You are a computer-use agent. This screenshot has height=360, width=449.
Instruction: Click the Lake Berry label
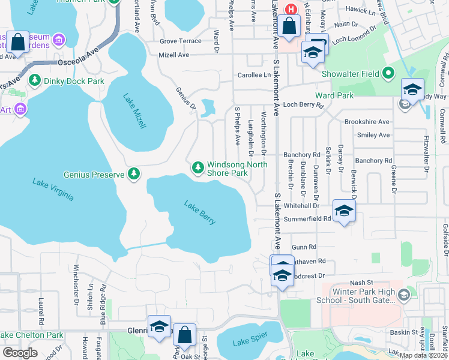point(199,212)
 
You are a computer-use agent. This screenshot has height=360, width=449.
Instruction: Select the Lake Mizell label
point(134,111)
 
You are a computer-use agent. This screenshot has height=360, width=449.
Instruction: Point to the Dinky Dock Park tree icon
point(35,81)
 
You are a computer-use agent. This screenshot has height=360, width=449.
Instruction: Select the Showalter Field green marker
point(388,74)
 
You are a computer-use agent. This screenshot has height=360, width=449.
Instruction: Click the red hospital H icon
point(291,9)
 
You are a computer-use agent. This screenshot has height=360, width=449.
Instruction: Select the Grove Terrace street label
point(181,41)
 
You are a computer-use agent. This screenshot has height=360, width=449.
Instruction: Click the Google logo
point(20,353)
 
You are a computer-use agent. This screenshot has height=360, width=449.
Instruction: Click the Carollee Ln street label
point(254,75)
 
